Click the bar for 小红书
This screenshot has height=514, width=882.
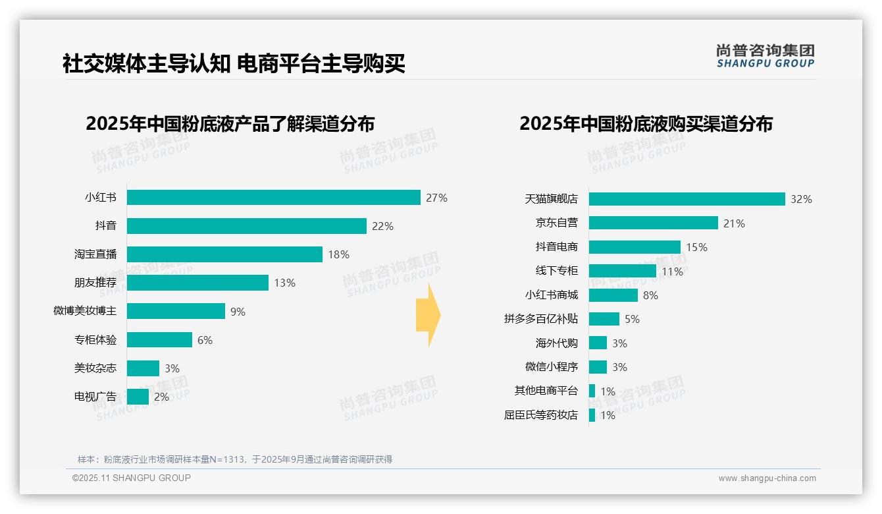coord(273,198)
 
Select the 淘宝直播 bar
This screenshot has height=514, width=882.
coord(224,254)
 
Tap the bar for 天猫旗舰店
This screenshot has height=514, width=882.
coord(687,199)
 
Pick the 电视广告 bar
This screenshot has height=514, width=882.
coord(138,397)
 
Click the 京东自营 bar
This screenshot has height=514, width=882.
coord(653,223)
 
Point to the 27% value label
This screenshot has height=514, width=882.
coord(436,198)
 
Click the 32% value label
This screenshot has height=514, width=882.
coord(801,199)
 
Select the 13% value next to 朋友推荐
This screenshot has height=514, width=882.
coord(284,283)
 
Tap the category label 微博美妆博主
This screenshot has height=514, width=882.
coord(85,311)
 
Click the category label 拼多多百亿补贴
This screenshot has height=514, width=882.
coord(541,319)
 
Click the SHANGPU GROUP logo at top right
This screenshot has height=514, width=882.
coord(765,56)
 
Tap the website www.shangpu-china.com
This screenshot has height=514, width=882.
coord(767,478)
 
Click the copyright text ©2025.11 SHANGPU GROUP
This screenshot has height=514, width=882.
coord(132,478)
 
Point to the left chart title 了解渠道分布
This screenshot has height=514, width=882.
coord(230,124)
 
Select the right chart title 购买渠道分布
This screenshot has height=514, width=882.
coord(646,124)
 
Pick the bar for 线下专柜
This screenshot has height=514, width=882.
coord(622,271)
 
